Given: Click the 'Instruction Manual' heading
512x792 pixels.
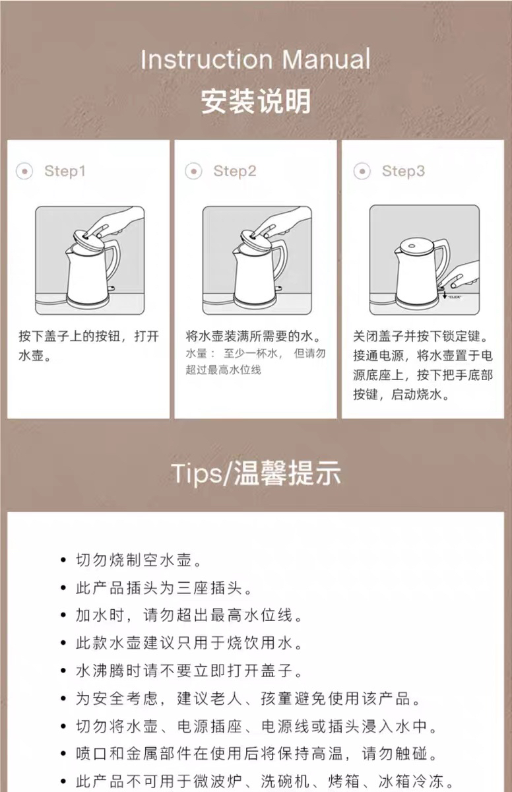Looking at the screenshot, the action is pos(255,59).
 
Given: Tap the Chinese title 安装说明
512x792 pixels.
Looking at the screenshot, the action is pos(256,101).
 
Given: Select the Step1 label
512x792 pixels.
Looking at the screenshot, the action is pos(65,171).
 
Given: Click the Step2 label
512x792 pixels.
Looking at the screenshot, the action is pos(235,171).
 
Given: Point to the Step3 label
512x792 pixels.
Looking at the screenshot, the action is pos(403,171).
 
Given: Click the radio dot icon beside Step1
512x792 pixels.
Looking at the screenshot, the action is pos(24,172).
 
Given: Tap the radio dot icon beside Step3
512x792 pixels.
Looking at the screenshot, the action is pos(362,172).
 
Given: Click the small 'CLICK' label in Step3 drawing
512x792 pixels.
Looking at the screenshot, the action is pos(455,297).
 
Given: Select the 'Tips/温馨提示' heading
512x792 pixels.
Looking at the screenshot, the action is pos(256,473).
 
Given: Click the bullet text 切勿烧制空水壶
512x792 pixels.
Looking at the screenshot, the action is pos(139,560).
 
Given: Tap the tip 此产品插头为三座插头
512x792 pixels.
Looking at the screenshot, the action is pos(164,587).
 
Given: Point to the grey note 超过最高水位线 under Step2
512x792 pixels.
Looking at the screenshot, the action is pos(223,370).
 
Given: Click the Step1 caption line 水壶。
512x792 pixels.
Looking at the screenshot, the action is pos(35,355).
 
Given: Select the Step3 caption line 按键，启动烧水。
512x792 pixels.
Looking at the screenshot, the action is pos(401,394).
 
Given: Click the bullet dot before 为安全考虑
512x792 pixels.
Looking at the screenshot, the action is pos(63,698).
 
